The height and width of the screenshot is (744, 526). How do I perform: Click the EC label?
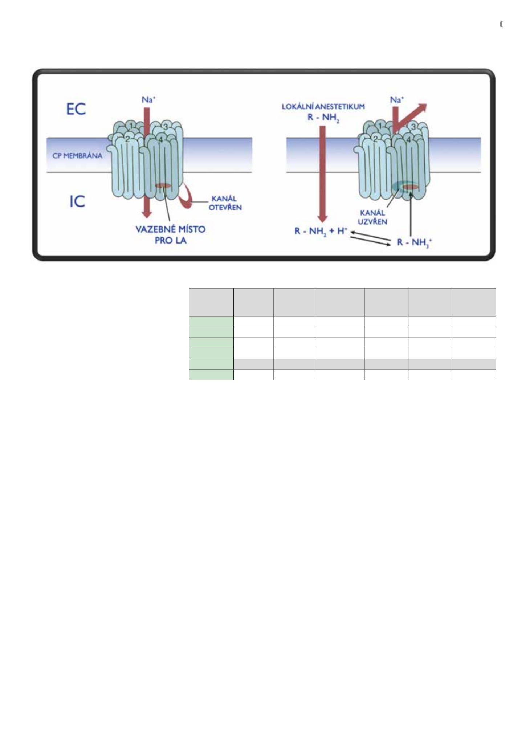[76, 109]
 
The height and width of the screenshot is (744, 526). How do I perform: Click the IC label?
[77, 202]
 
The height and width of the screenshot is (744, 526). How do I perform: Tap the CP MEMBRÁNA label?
[77, 156]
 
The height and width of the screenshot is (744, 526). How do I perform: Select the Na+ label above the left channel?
[148, 99]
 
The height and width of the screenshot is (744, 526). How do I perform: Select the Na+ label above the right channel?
[397, 99]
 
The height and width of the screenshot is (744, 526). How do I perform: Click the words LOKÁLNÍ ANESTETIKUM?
[323, 107]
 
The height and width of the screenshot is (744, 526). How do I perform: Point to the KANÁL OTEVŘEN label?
[225, 203]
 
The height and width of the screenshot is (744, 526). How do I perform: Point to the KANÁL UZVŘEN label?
[372, 217]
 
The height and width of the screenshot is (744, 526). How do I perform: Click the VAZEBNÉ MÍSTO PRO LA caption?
[171, 234]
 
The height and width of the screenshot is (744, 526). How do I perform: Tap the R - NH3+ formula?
[414, 242]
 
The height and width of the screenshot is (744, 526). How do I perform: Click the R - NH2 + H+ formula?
[321, 231]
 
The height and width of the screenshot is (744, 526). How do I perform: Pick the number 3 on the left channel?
[165, 127]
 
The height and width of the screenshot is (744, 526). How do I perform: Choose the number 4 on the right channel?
[408, 139]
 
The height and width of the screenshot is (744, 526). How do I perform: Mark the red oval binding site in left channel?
[163, 186]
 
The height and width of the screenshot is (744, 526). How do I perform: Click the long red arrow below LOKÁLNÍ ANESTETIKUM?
[322, 174]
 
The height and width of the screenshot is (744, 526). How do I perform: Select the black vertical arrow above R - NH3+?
[411, 214]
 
